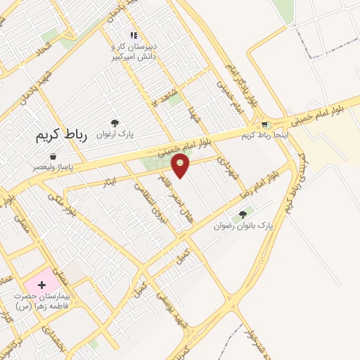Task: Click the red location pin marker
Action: click(181, 166)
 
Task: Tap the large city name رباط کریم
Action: click(62, 136)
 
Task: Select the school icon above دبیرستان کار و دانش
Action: click(133, 35)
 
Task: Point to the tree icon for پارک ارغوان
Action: click(115, 123)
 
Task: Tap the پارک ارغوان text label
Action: click(117, 134)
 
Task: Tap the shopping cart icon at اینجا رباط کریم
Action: click(265, 124)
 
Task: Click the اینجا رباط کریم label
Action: click(265, 134)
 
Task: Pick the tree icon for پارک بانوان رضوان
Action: click(243, 214)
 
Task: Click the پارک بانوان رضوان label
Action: click(243, 226)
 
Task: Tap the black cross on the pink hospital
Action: click(41, 285)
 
